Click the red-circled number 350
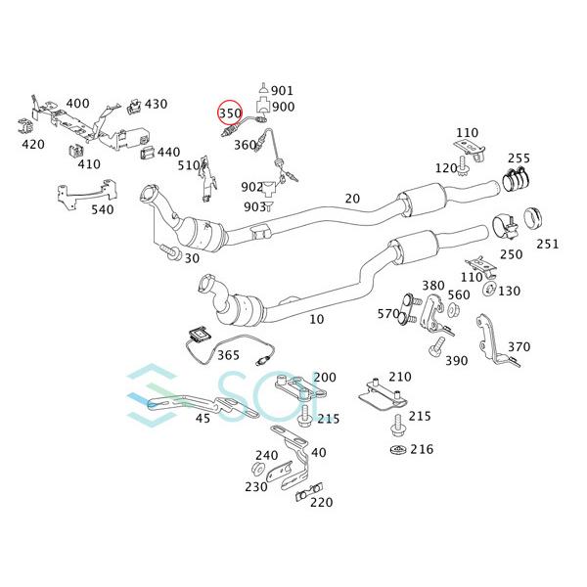230,113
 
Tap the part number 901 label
282,91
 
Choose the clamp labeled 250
504,227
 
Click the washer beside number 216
397,450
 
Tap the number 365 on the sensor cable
228,355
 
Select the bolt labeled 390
436,346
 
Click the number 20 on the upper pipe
352,199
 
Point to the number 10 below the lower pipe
316,319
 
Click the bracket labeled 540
86,195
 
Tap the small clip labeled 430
134,107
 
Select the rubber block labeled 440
147,153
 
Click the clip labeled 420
25,127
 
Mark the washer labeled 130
489,289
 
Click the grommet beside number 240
258,469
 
